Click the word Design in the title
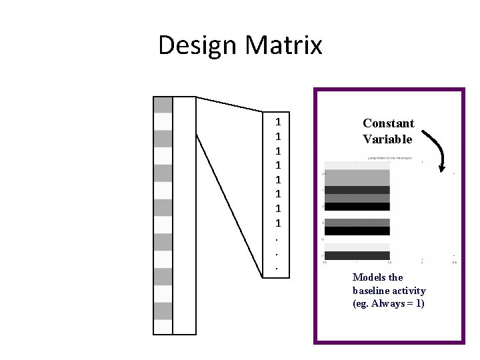point(197,46)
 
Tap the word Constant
point(389,123)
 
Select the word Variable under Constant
point(388,139)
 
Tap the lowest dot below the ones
point(277,269)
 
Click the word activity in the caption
point(410,291)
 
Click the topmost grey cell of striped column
point(163,105)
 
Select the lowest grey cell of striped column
point(163,311)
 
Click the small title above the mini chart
point(389,159)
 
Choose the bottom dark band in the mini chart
point(357,255)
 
